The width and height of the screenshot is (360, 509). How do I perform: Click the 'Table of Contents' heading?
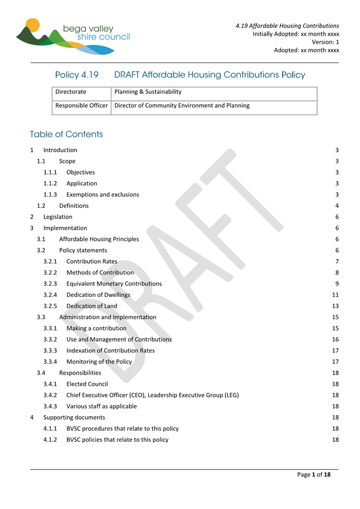[x=67, y=134]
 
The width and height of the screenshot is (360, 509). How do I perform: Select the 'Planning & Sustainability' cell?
[x=148, y=92]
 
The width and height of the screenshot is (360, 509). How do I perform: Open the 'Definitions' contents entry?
[x=74, y=206]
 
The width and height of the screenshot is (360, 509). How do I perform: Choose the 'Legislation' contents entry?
[x=58, y=217]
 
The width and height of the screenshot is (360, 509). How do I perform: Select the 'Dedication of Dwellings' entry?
[x=98, y=295]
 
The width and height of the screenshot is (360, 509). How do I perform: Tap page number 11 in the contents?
[x=335, y=295]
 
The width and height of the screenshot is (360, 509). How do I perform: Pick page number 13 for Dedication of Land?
[x=335, y=306]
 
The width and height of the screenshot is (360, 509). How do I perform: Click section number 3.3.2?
[x=51, y=340]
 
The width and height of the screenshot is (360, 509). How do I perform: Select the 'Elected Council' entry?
[x=87, y=384]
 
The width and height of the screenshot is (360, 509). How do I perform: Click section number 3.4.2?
[x=51, y=395]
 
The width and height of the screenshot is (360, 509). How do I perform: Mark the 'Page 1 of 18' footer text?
[x=314, y=475]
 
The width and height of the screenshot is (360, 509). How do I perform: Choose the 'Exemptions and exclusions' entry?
[x=102, y=195]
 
